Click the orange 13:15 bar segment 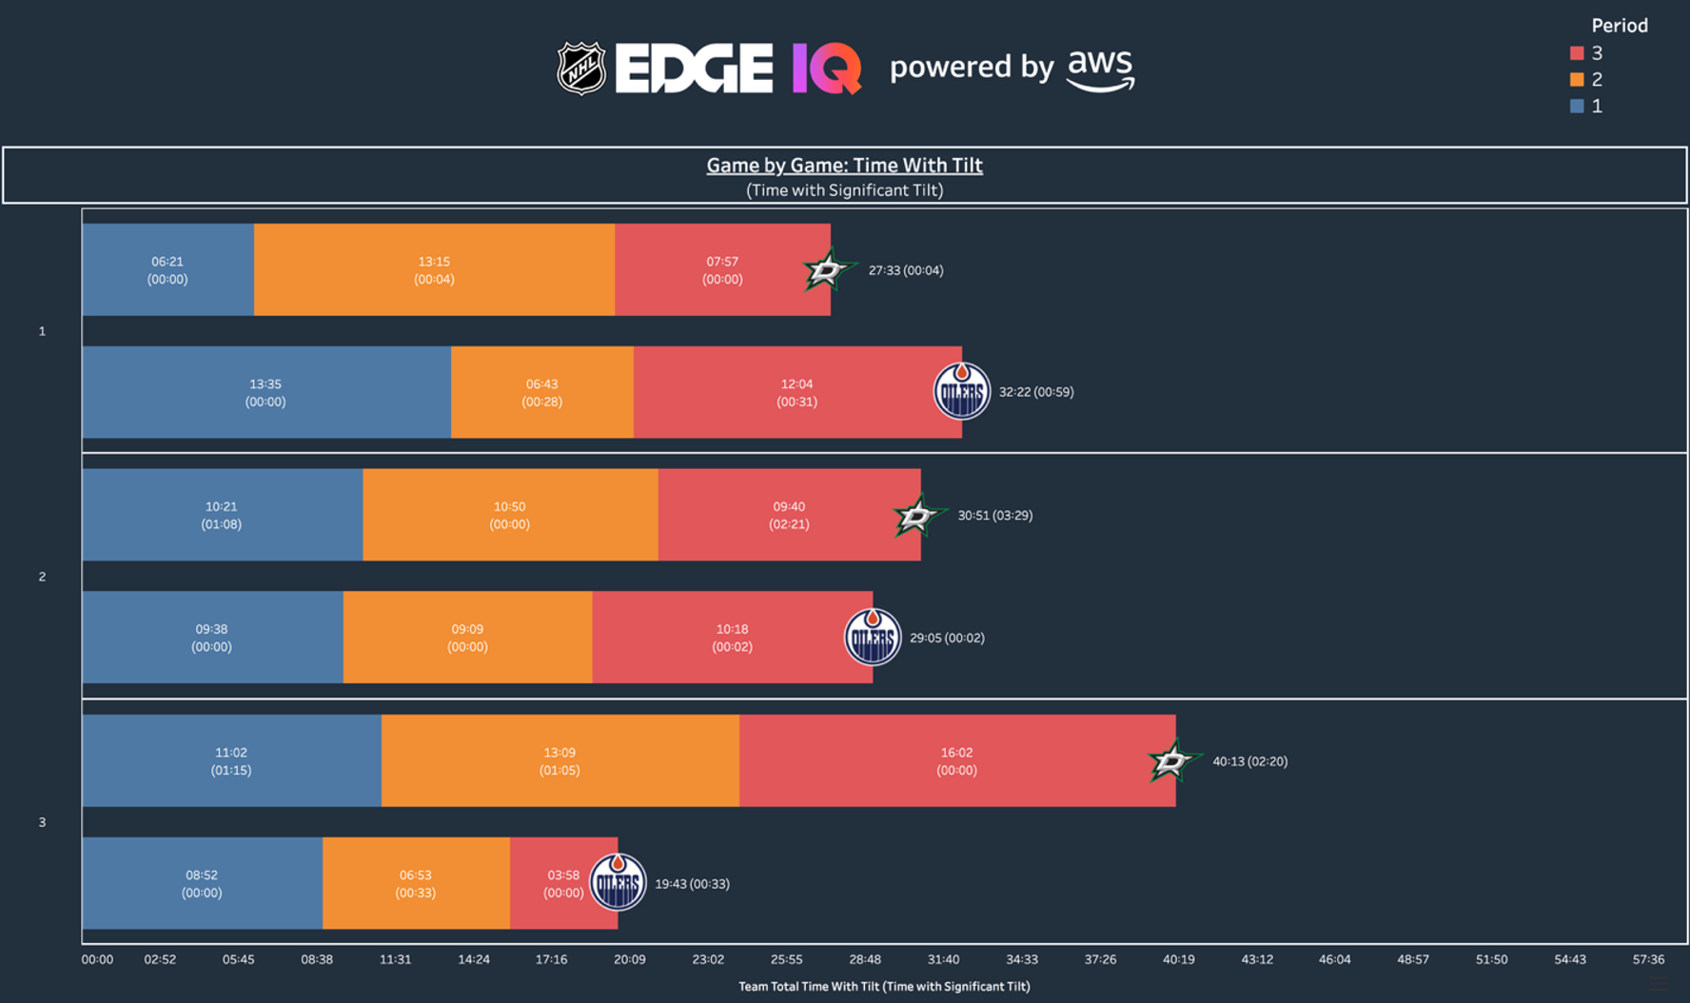(434, 270)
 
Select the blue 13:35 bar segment (265, 392)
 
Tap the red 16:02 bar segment (956, 761)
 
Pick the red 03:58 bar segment (552, 883)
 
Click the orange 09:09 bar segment (467, 638)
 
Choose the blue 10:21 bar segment (221, 515)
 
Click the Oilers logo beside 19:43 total (618, 882)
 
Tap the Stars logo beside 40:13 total (1172, 760)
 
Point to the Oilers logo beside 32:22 (961, 391)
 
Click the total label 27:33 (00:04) (906, 270)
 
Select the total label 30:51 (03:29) (994, 515)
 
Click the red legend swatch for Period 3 (1577, 53)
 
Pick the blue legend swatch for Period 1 (1577, 107)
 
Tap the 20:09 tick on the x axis (629, 959)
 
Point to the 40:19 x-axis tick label (1178, 959)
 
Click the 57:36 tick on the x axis (1648, 959)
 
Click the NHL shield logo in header (580, 68)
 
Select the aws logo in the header (1101, 69)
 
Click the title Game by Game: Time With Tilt (844, 166)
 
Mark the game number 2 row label (42, 577)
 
